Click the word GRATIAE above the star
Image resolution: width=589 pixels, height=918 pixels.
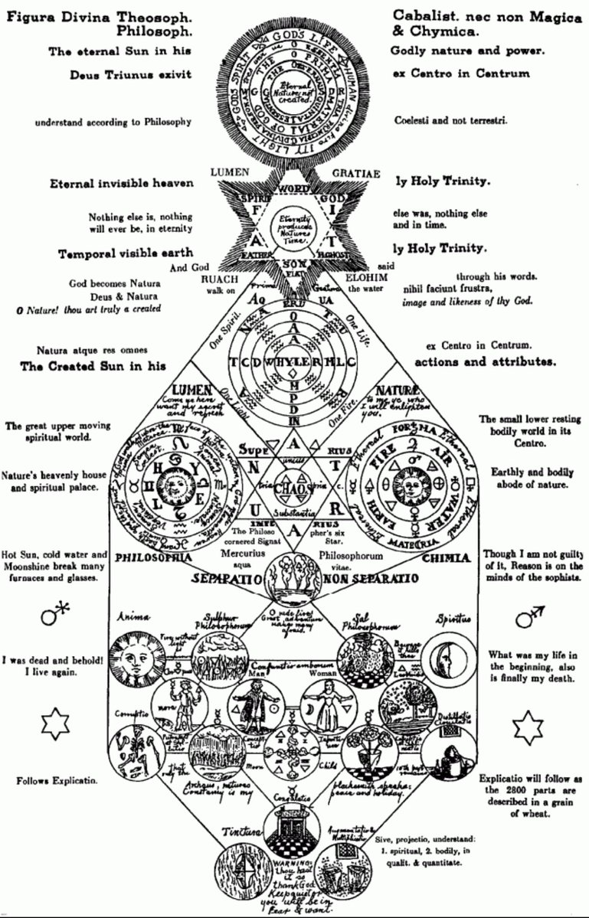356,173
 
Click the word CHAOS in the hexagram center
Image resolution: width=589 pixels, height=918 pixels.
293,488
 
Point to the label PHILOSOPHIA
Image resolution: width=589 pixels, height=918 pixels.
153,557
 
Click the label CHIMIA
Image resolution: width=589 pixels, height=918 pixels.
444,558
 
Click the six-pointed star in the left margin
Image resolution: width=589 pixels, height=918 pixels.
54,724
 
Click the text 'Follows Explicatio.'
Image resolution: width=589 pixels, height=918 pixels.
58,781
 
